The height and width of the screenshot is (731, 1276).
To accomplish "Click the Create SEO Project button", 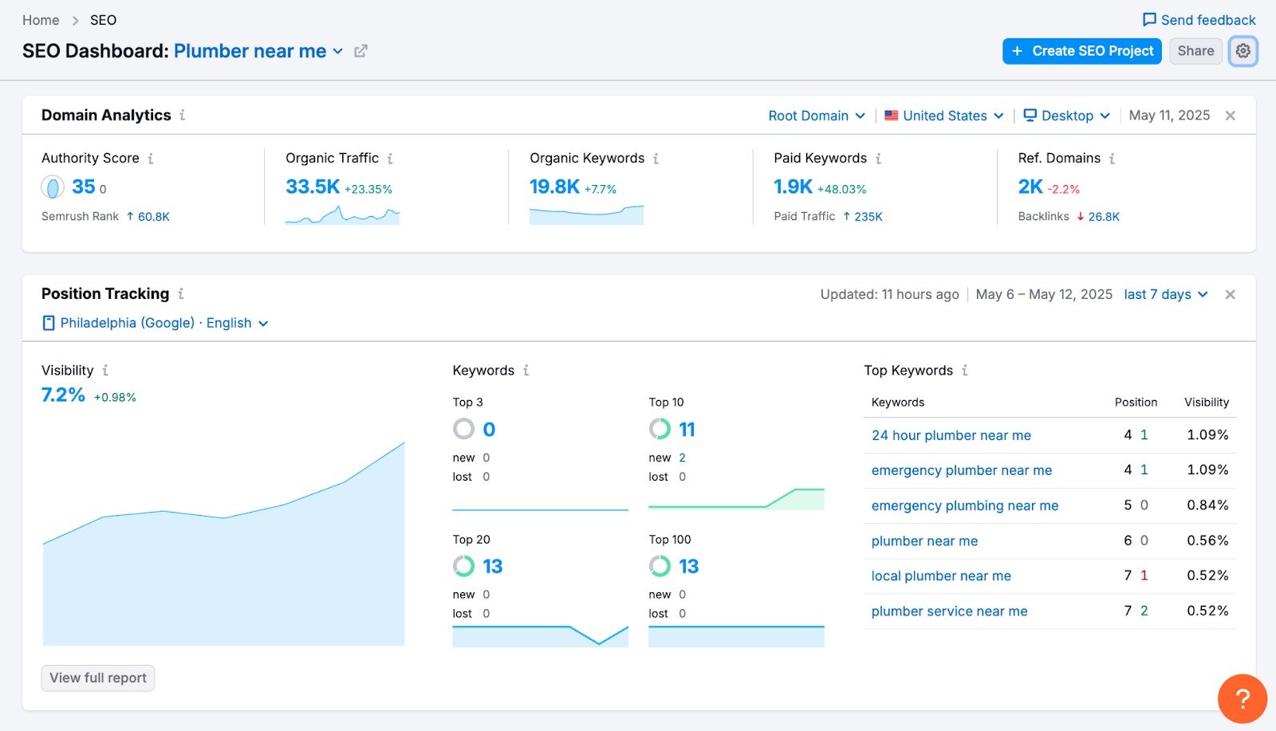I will tap(1081, 51).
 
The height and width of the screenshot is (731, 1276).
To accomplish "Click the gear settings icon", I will tap(1243, 51).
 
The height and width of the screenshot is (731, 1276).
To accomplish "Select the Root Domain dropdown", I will tap(816, 116).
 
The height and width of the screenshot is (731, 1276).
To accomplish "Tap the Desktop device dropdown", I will tap(1066, 116).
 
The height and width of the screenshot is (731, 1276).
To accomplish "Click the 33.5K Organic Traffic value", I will tap(313, 187).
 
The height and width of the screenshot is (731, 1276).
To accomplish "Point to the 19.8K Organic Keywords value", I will tap(554, 187).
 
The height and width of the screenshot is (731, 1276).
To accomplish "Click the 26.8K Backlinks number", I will tap(1104, 217).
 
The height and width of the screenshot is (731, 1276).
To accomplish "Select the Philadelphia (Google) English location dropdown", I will tap(156, 323).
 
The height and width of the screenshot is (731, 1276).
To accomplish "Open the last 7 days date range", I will tap(1165, 294).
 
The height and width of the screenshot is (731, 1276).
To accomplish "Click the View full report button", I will tap(98, 678).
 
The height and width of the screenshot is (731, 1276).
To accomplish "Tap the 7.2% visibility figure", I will tap(63, 395).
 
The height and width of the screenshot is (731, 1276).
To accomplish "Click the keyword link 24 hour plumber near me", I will tap(951, 435).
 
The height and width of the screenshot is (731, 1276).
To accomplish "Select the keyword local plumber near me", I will tap(940, 576).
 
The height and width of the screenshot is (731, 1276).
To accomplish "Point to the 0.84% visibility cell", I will tap(1207, 505).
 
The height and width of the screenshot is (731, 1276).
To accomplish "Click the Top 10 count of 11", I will tap(687, 430).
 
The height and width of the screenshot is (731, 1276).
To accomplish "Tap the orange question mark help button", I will tap(1242, 699).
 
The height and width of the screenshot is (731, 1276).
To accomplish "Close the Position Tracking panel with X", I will tap(1230, 295).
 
